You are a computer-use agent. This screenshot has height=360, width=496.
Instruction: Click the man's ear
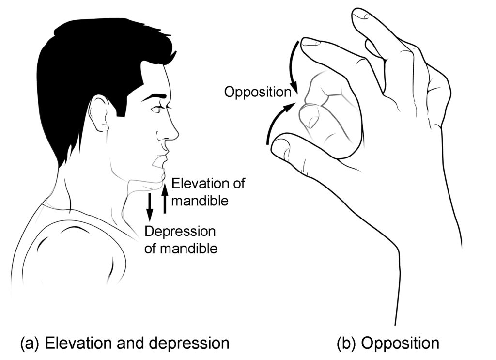point(99,114)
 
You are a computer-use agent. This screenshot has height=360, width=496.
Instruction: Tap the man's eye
point(155,110)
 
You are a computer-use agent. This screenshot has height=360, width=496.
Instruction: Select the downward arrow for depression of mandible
point(150,205)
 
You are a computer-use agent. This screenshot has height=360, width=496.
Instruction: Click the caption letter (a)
point(30,344)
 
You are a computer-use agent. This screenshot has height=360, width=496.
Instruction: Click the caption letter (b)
point(346,344)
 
